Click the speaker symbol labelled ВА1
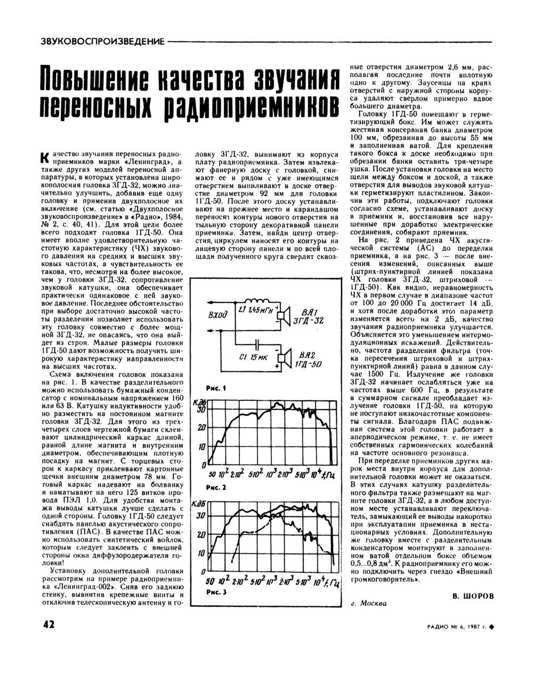pos(282,315)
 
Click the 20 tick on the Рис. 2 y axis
pos(201,428)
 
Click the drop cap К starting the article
pos(45,157)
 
